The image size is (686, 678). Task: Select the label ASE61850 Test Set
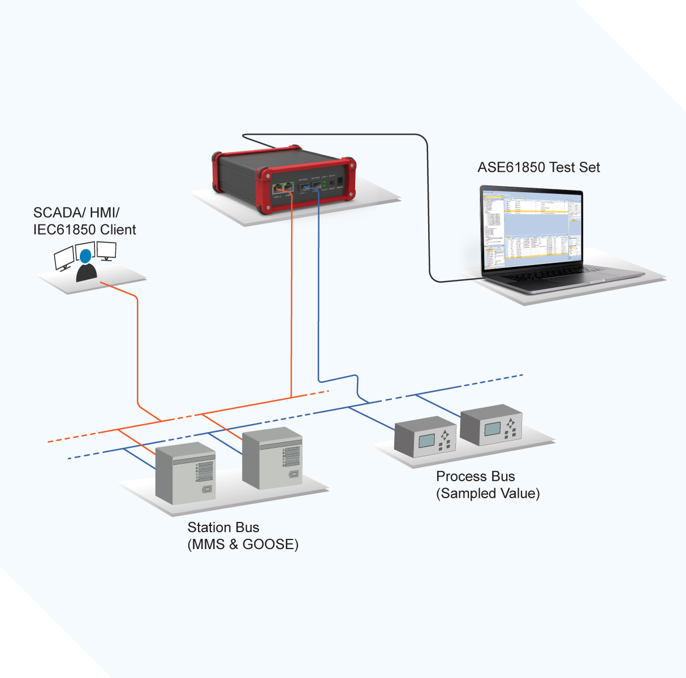point(538,167)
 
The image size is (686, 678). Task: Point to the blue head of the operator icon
point(85,256)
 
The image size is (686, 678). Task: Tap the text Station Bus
point(223,528)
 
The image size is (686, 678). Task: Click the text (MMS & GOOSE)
point(243,545)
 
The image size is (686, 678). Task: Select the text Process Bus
point(475,477)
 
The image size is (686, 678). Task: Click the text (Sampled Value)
point(487,494)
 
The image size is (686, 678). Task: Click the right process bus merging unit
point(491,425)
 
